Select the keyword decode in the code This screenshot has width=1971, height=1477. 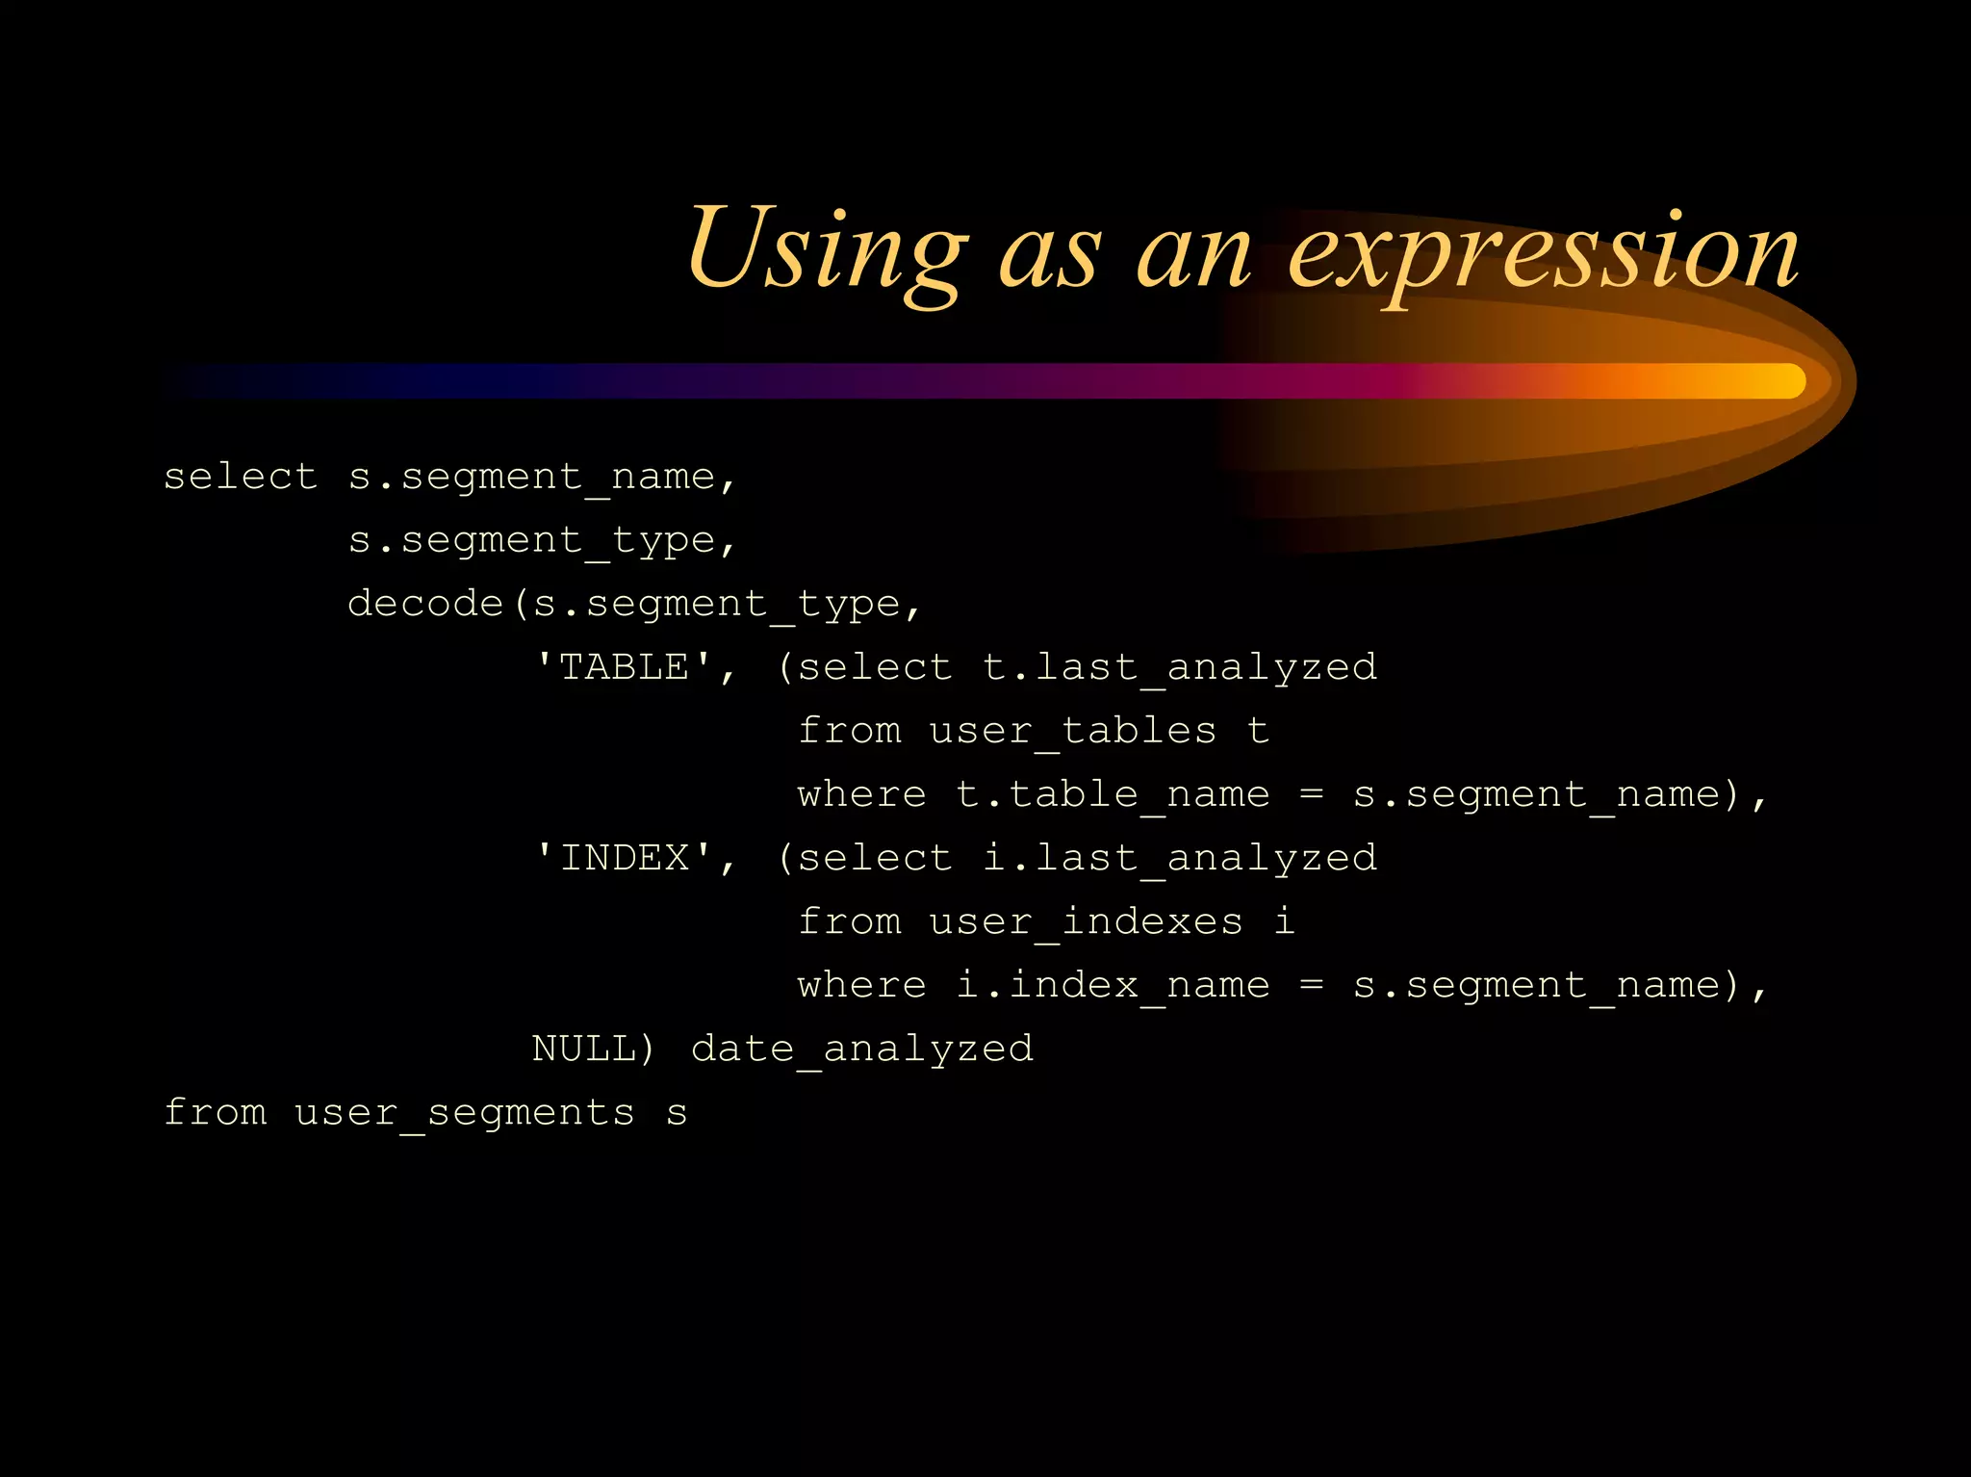pos(425,604)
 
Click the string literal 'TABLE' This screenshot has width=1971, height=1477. pos(625,667)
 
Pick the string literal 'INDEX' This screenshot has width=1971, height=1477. pos(625,858)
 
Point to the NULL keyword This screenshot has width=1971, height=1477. pos(582,1049)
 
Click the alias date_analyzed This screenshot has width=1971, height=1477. pos(862,1049)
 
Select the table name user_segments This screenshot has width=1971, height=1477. pos(464,1113)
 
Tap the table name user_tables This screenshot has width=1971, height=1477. pos(1072,731)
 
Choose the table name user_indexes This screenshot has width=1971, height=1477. pos(1086,921)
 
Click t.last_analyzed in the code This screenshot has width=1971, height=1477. pos(1180,667)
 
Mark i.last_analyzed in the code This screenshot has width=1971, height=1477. pos(1180,858)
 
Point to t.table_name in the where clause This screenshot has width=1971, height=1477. pos(1113,794)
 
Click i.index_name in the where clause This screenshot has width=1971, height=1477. pos(1113,985)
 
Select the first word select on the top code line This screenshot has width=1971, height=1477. pos(240,477)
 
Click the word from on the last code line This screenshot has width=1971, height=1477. pos(215,1113)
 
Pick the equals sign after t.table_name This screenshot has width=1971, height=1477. pos(1311,794)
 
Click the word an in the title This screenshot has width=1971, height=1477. pos(1193,252)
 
